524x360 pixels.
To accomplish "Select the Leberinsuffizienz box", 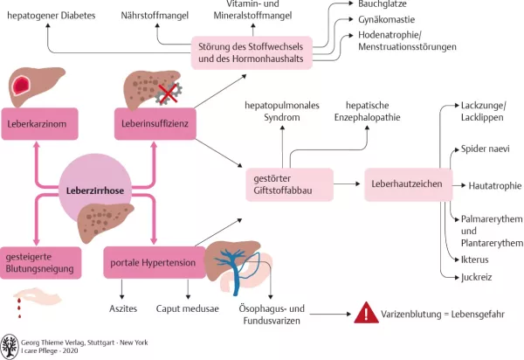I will pos(154,124).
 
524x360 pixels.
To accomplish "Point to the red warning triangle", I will pos(362,313).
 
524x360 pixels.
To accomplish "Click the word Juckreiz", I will pos(479,278).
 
